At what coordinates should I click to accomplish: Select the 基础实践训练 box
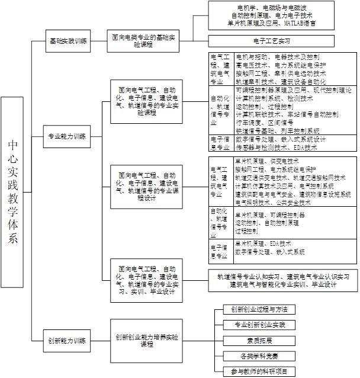pos(67,41)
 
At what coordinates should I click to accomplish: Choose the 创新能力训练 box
pos(67,340)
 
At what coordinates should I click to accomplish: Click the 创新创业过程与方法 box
pos(259,310)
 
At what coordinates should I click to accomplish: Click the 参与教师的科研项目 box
pos(259,371)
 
